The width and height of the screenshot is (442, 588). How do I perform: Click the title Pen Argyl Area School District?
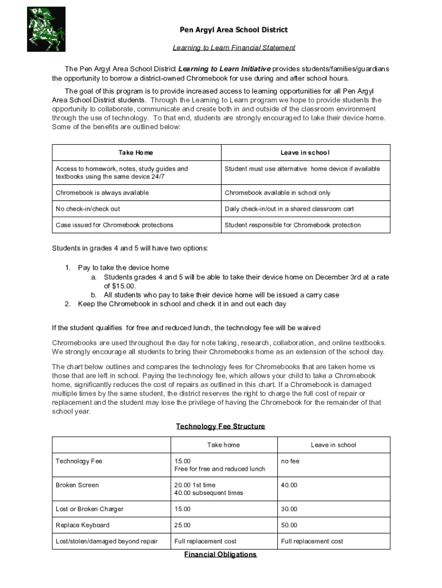(226, 30)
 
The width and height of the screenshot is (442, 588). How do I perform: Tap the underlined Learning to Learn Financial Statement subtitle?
(234, 48)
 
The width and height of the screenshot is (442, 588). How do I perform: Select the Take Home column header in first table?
(136, 153)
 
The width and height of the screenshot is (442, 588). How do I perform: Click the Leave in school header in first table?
(305, 153)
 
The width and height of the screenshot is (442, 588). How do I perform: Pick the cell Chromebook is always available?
(102, 193)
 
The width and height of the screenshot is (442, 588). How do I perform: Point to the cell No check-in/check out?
(88, 209)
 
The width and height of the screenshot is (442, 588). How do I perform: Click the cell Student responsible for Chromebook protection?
(293, 225)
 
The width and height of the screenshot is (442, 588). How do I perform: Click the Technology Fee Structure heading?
(220, 427)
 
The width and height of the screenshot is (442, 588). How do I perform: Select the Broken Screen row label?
(77, 485)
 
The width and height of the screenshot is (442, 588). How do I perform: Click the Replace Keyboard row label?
(82, 525)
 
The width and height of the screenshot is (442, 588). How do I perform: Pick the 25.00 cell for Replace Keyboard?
(183, 525)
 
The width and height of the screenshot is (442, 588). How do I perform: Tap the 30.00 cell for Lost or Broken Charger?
(289, 509)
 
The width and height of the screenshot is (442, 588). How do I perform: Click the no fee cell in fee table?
(290, 461)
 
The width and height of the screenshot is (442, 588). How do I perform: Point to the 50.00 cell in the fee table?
(289, 525)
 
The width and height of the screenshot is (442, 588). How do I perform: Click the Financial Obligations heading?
(220, 555)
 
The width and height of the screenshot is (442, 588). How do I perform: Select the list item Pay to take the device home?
(123, 268)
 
